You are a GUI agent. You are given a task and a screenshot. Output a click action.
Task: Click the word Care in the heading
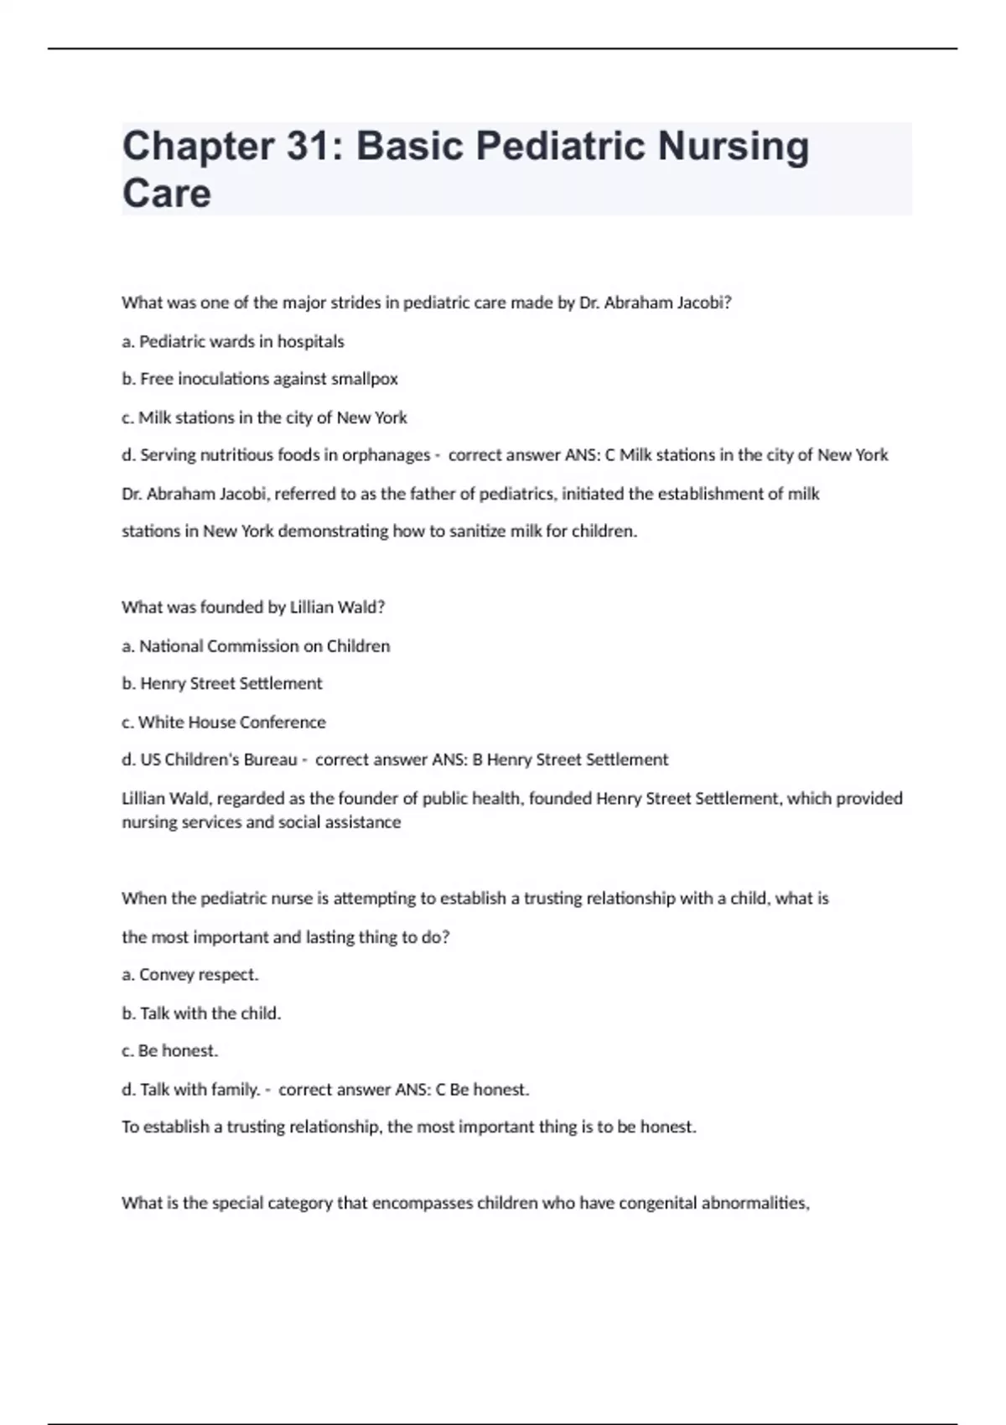pos(166,194)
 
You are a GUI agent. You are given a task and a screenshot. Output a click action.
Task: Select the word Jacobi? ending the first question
pos(703,303)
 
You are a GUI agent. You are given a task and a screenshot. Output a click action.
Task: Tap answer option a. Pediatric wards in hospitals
pos(233,341)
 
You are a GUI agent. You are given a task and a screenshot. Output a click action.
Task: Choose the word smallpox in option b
pos(364,379)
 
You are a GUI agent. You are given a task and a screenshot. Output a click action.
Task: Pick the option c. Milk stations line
pos(264,417)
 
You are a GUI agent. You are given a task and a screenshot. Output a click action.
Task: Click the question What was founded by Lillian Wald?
pos(252,607)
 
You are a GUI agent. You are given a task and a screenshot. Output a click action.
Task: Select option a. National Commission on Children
pos(256,646)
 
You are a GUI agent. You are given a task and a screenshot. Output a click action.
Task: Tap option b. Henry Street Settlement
pos(222,684)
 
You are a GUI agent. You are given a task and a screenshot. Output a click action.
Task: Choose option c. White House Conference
pos(224,723)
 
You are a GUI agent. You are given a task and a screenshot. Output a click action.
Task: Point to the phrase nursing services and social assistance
pos(261,822)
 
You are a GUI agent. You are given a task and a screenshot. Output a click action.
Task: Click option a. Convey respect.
pos(190,975)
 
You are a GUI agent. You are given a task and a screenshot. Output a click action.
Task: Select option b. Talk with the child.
pos(201,1013)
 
